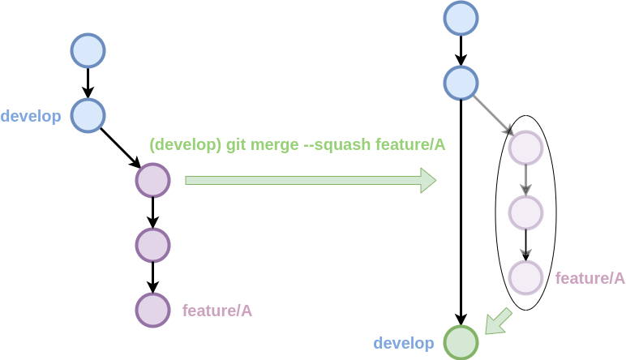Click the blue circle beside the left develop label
click(x=88, y=115)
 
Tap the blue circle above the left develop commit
click(x=88, y=50)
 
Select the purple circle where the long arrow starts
click(x=152, y=180)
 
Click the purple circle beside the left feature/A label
click(x=152, y=310)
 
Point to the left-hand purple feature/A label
click(x=217, y=311)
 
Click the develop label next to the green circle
click(x=404, y=344)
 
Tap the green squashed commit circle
click(x=461, y=342)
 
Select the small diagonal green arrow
click(x=498, y=321)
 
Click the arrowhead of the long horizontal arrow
click(x=428, y=180)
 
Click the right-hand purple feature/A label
click(x=590, y=278)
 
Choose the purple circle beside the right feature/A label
click(x=525, y=277)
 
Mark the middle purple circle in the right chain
click(x=525, y=212)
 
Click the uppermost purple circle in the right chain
click(x=525, y=148)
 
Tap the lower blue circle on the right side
click(x=461, y=83)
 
